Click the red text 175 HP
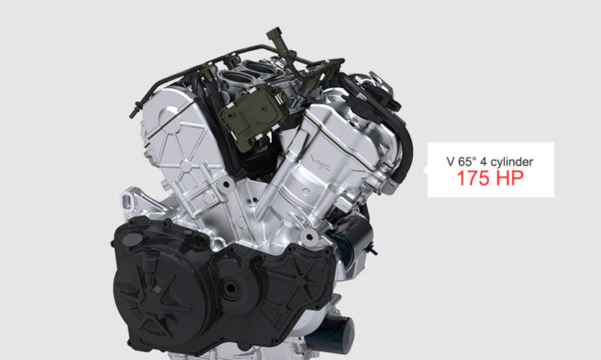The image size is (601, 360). coord(491,178)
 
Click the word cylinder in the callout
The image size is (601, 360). coord(512,162)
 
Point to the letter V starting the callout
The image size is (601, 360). coord(451,162)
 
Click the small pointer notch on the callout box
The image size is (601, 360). coord(425,169)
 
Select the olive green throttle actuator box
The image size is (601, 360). coord(252,114)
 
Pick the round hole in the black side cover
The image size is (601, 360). coord(231,288)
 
